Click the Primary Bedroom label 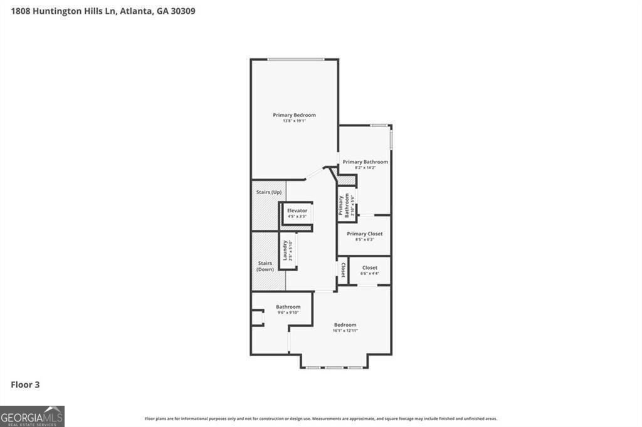click(x=294, y=115)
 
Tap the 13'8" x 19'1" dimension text click(x=294, y=121)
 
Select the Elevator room click(x=297, y=213)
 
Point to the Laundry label click(x=285, y=250)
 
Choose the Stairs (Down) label click(x=265, y=266)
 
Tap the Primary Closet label click(x=364, y=234)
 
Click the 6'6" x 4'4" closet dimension click(x=369, y=273)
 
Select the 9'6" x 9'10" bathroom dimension click(x=288, y=312)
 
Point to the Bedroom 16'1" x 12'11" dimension click(x=345, y=331)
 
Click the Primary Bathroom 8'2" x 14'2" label click(x=365, y=165)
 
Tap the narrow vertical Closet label click(x=343, y=269)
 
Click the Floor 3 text click(x=25, y=384)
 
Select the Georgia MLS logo click(x=32, y=416)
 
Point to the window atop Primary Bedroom click(x=295, y=59)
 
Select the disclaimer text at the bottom click(x=321, y=419)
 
